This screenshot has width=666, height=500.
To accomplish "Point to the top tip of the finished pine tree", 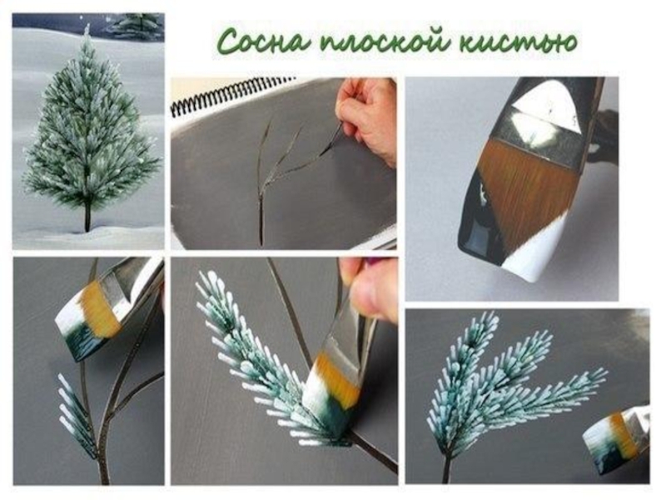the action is coord(87,27).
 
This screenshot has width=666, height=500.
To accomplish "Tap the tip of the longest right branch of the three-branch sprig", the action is coord(606,371).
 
